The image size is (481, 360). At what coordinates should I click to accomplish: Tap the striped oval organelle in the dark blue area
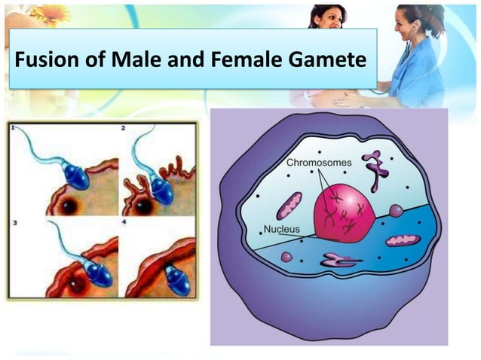point(402,240)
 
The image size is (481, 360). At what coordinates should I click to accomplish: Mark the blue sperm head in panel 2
point(161,189)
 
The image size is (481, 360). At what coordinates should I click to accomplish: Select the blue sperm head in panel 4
point(178,279)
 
